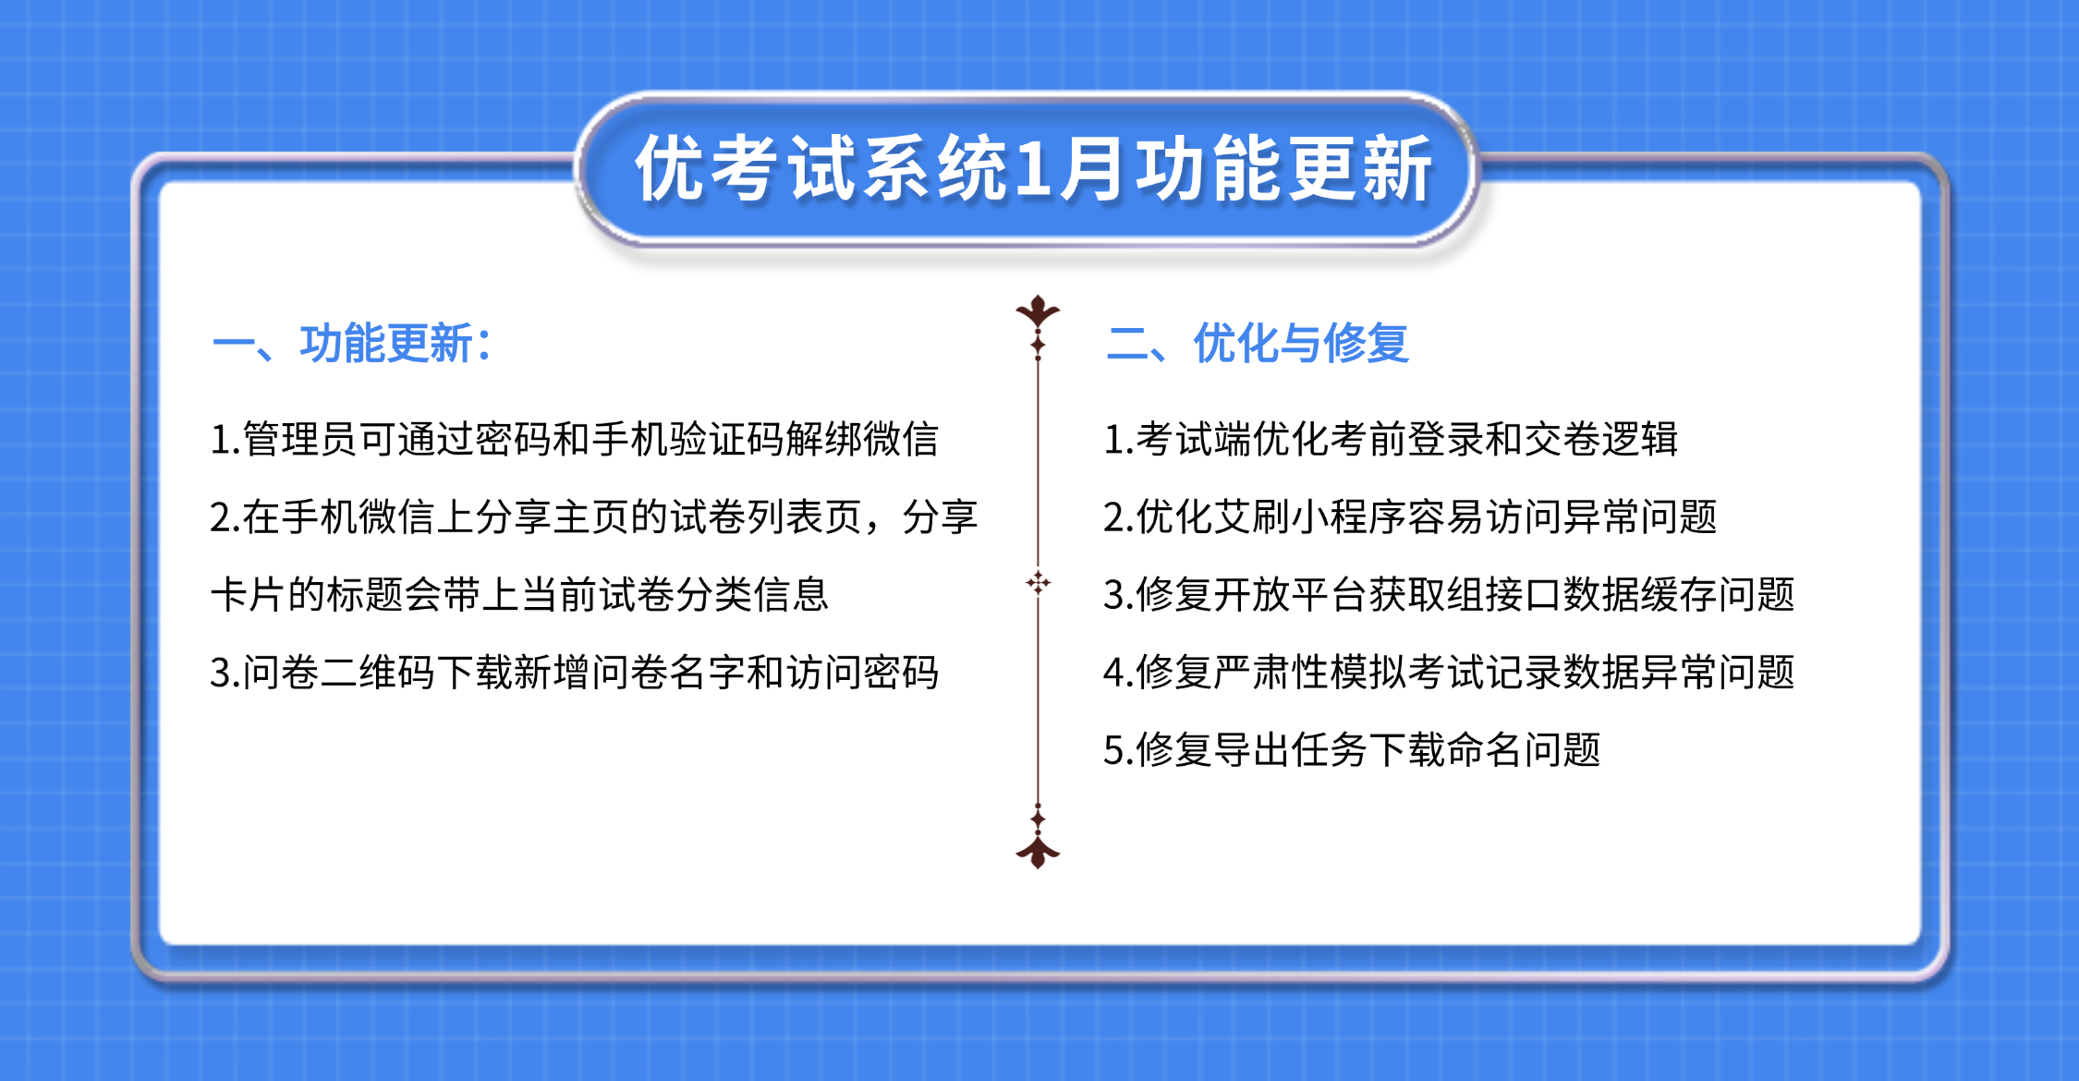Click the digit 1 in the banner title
(1033, 170)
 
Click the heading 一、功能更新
(351, 344)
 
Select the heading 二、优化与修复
(1257, 344)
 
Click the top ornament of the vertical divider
(1038, 314)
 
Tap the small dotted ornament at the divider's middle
(1038, 582)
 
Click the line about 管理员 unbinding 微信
(573, 439)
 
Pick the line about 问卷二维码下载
(573, 673)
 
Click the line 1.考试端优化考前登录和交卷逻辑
(1391, 439)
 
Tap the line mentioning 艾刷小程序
(1410, 516)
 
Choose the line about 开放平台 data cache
(1449, 594)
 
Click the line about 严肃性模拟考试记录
(1449, 673)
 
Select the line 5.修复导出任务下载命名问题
(1352, 750)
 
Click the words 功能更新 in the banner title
(1284, 170)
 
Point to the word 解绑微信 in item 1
(861, 439)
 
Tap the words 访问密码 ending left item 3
(861, 673)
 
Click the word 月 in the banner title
(1092, 170)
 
